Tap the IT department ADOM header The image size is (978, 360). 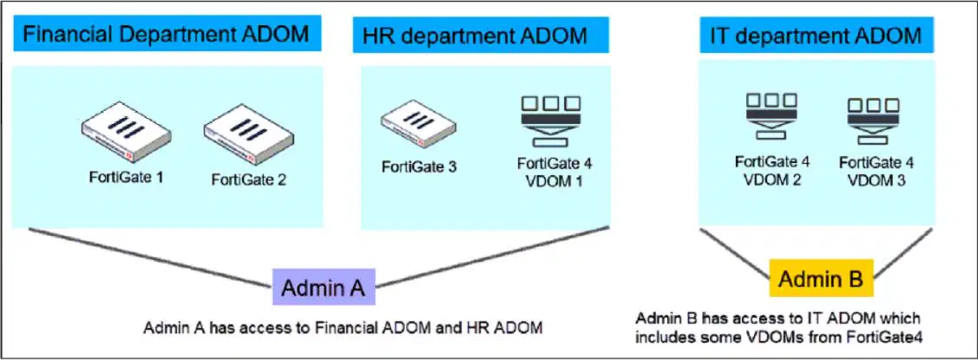(817, 35)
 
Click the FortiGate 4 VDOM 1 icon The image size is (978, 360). (551, 119)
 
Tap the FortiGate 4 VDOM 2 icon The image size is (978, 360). (771, 115)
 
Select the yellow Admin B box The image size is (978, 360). (822, 278)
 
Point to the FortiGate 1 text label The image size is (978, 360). (125, 177)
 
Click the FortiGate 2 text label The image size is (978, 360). (248, 181)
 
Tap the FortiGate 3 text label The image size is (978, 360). (419, 167)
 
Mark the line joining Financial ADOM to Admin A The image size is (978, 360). (150, 259)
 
